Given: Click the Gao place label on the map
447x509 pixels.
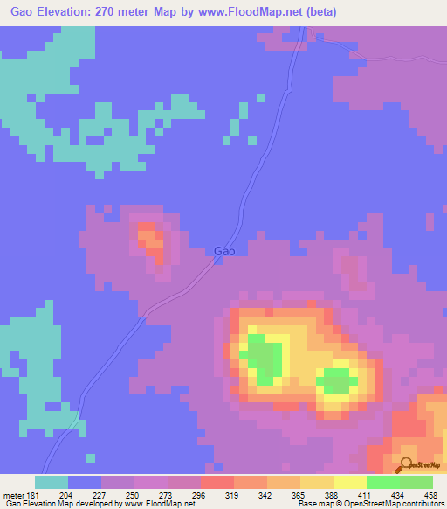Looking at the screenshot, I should [x=224, y=251].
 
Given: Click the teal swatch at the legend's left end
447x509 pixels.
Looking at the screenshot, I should [x=51, y=482].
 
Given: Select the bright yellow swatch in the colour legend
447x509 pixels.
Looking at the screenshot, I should [x=349, y=482].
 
